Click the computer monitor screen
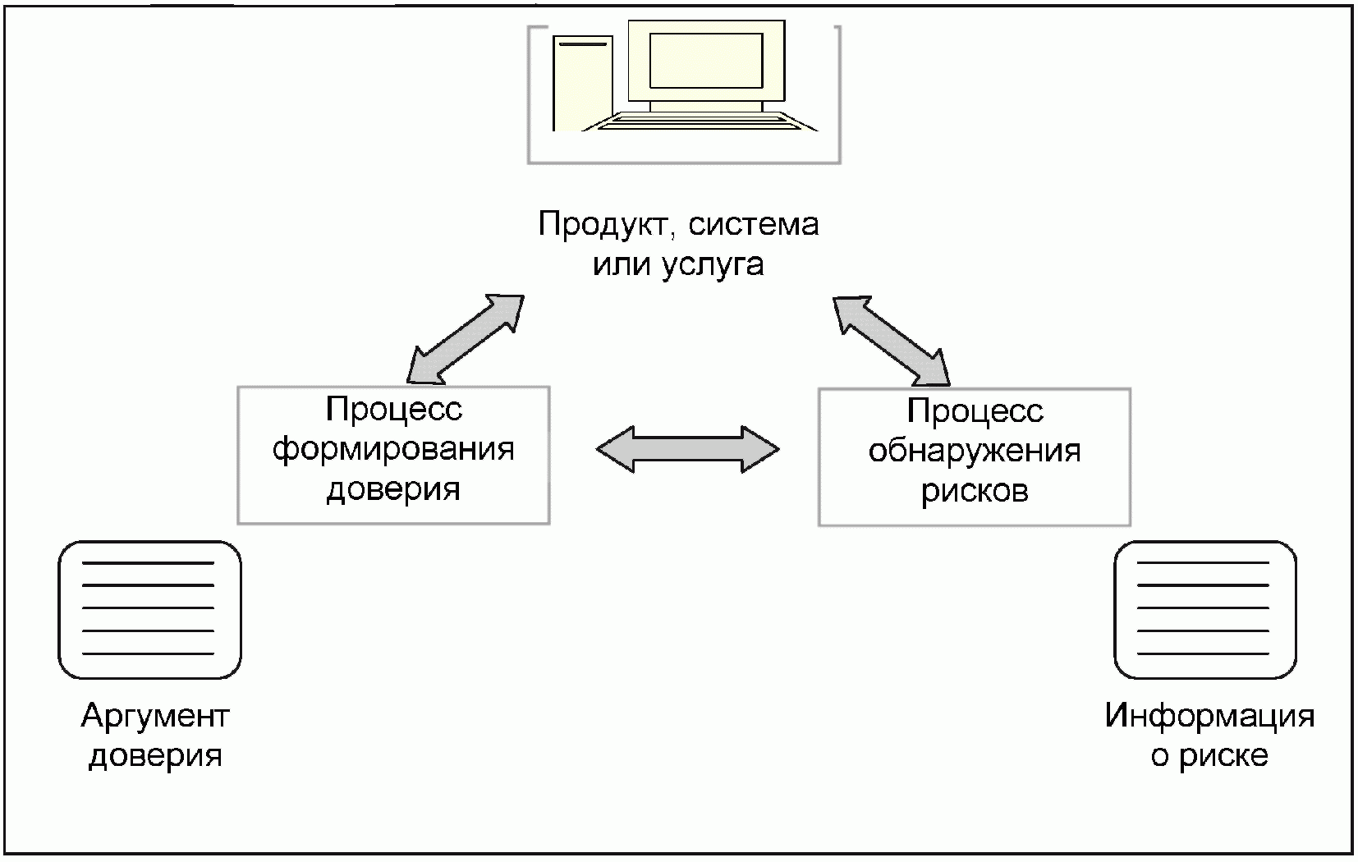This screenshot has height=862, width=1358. [x=705, y=61]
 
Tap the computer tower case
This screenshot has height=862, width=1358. [x=583, y=83]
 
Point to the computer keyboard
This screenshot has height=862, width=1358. [x=700, y=122]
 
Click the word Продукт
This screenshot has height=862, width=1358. [x=607, y=224]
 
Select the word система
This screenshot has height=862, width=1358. [x=754, y=225]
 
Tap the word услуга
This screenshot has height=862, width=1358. [x=713, y=265]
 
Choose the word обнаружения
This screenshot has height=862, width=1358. [x=975, y=452]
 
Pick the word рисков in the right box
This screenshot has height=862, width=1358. [x=975, y=491]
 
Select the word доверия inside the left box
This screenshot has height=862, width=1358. [x=393, y=490]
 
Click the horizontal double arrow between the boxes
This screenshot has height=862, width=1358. [x=687, y=449]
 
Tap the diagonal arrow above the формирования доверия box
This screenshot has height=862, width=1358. [x=466, y=340]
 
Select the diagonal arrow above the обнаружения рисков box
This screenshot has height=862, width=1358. [x=891, y=341]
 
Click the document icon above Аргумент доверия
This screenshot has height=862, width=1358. [x=149, y=610]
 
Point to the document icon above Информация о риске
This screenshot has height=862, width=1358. [x=1205, y=610]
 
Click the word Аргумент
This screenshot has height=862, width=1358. [x=155, y=717]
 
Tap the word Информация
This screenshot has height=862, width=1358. [x=1210, y=716]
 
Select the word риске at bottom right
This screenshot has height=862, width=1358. [x=1223, y=756]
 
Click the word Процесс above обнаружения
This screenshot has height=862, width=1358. [x=975, y=411]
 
